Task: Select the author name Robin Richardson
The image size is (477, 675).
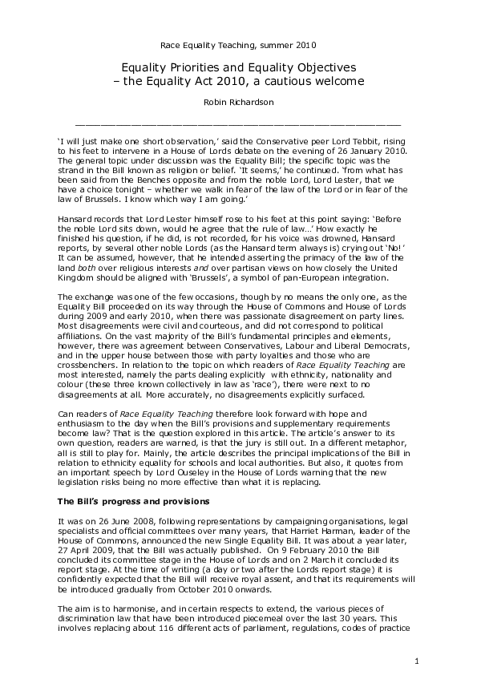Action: (x=238, y=103)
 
